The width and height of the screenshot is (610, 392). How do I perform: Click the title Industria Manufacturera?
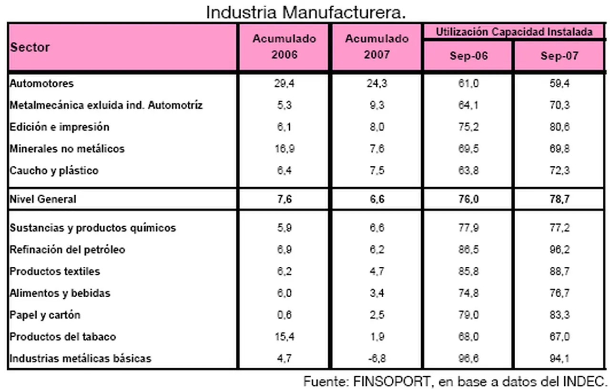coord(305,12)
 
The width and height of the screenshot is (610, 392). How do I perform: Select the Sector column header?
coord(30,48)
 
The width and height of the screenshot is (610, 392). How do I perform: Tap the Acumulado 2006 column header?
coord(284,46)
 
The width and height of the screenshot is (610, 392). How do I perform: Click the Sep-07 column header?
coord(559,55)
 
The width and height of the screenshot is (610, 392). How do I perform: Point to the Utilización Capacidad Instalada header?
coord(514,32)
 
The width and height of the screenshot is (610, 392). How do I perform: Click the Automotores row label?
coord(42,83)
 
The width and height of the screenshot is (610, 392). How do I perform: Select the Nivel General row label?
coord(43,199)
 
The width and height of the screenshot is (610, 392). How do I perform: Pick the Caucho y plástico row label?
coord(54,171)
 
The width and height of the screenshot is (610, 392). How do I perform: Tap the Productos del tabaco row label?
coord(62,337)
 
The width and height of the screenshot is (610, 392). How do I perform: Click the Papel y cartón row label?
coord(45,315)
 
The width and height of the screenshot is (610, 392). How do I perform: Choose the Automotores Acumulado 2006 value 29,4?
coord(284,83)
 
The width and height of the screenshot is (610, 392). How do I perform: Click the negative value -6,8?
coord(376,358)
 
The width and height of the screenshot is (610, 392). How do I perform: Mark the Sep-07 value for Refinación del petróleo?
coord(559,250)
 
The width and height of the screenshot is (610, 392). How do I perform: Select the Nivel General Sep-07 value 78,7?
coord(559,199)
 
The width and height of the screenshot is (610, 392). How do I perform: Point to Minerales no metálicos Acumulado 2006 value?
coord(284,149)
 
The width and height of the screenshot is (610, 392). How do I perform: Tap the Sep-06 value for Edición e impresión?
coord(468,127)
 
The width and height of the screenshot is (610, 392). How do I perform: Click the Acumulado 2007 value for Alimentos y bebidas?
coord(376,293)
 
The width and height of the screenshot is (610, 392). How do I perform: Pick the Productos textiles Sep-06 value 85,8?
coord(468,271)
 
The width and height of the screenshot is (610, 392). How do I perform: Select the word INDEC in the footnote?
coord(586,382)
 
